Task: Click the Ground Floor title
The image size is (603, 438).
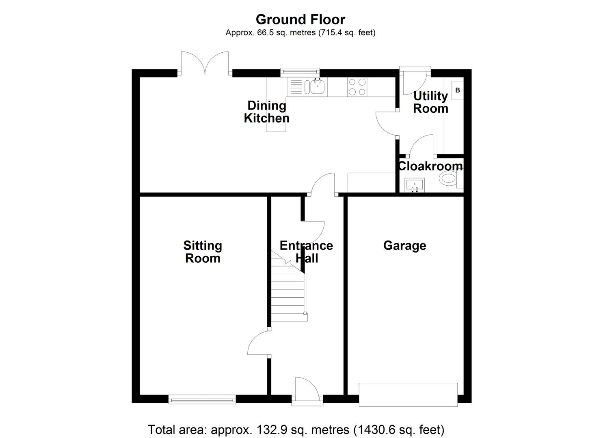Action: [300, 19]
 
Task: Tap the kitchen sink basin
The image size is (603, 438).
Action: [317, 86]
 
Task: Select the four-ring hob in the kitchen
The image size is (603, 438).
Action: [357, 87]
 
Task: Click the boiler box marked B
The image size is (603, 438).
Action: [458, 90]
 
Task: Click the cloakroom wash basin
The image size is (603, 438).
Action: [415, 185]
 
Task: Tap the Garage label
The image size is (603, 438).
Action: [404, 245]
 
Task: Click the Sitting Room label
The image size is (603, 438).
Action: [203, 252]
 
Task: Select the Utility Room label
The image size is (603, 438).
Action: [430, 102]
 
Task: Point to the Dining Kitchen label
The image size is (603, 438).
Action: [267, 112]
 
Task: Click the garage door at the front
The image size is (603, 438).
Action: [408, 394]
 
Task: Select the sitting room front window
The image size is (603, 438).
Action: [202, 400]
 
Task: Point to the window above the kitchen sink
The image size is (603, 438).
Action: [300, 72]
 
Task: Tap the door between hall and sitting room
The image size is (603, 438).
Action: [258, 343]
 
